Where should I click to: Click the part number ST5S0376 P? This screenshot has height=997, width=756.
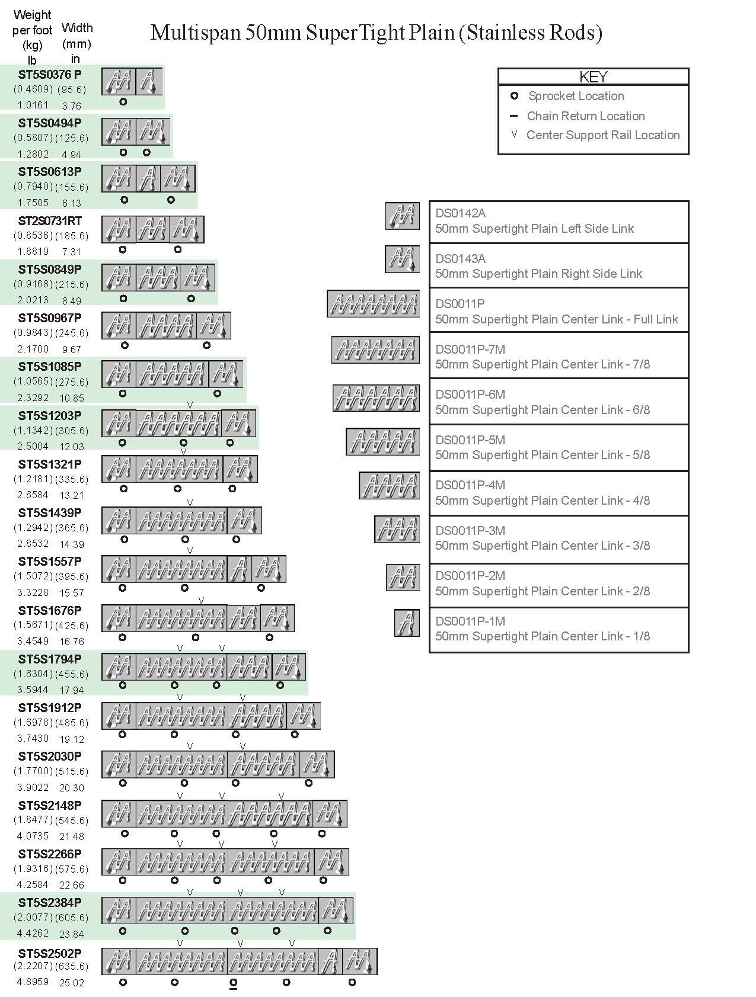[x=50, y=74]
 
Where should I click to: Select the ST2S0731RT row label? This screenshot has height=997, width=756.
[x=50, y=220]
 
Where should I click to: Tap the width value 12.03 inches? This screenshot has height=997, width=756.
[x=72, y=447]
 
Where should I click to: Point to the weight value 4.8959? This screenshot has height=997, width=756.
[x=33, y=981]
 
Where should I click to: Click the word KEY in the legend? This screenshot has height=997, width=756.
[x=593, y=77]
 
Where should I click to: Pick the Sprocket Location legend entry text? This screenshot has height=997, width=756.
[x=576, y=96]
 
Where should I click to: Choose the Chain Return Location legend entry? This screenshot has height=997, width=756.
[x=585, y=116]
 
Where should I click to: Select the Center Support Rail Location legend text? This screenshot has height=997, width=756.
[x=602, y=135]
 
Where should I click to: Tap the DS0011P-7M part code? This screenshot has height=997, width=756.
[x=470, y=350]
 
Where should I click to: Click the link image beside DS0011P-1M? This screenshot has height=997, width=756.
[x=407, y=623]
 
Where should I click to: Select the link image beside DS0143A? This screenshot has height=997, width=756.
[x=402, y=259]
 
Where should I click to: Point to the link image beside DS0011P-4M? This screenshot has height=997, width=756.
[x=389, y=486]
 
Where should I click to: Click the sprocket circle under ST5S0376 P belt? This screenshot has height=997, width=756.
[x=123, y=102]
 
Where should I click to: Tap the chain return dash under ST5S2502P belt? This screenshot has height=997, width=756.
[x=233, y=988]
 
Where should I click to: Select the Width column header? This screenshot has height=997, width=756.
[x=76, y=28]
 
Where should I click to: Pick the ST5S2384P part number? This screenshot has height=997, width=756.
[x=50, y=902]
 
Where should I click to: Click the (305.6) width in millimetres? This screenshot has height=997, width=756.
[x=72, y=431]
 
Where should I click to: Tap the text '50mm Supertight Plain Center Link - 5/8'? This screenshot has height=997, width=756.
[x=542, y=455]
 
